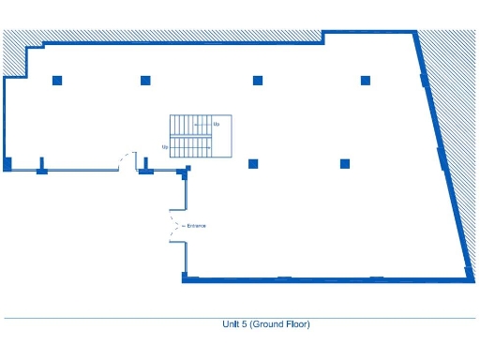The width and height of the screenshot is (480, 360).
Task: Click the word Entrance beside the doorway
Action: click(x=197, y=226)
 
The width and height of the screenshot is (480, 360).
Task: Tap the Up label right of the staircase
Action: click(x=217, y=124)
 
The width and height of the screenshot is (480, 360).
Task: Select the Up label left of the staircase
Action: click(x=165, y=147)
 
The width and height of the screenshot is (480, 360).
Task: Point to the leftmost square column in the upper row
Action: click(x=57, y=80)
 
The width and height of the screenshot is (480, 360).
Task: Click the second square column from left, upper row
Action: click(x=145, y=80)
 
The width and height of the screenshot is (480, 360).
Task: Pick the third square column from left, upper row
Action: click(x=257, y=80)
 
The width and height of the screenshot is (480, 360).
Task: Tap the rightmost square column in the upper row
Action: click(x=366, y=80)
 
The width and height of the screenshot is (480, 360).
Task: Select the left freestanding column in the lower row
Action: click(x=253, y=164)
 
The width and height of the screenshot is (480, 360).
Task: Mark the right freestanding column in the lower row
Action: click(x=345, y=164)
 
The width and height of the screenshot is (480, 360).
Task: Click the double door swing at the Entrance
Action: click(x=174, y=226)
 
